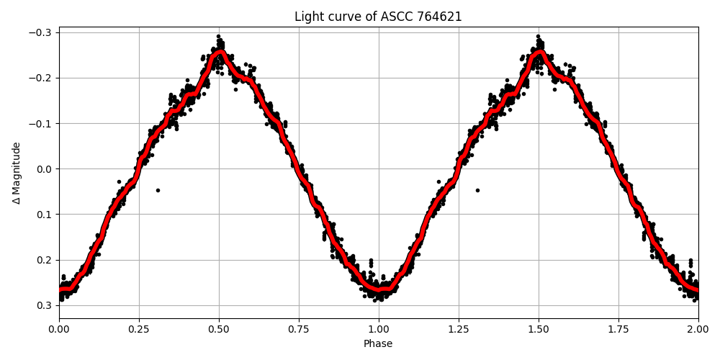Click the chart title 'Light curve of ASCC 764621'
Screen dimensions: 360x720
coord(378,17)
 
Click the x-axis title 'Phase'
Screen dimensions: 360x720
coord(378,344)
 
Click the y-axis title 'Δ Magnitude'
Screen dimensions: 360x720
coord(17,173)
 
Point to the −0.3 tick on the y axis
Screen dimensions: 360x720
coord(42,32)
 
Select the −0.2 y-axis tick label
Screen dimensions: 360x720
coord(42,78)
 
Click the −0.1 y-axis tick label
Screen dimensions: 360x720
coord(42,123)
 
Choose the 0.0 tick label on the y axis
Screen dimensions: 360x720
coord(45,169)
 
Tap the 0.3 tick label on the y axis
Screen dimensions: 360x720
coord(45,305)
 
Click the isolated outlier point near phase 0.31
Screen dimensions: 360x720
coord(158,190)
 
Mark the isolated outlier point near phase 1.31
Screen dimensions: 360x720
coord(477,190)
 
